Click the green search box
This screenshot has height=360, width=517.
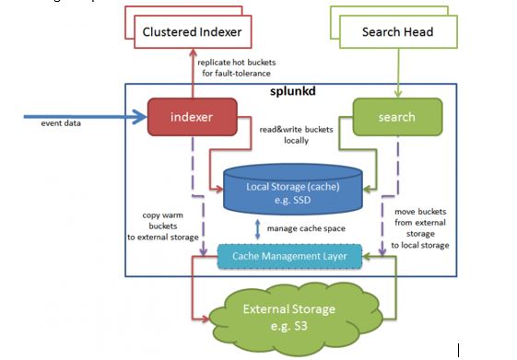tap(396, 117)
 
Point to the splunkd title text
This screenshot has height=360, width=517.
tap(292, 94)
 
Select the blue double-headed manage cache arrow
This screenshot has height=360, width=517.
tap(255, 228)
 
